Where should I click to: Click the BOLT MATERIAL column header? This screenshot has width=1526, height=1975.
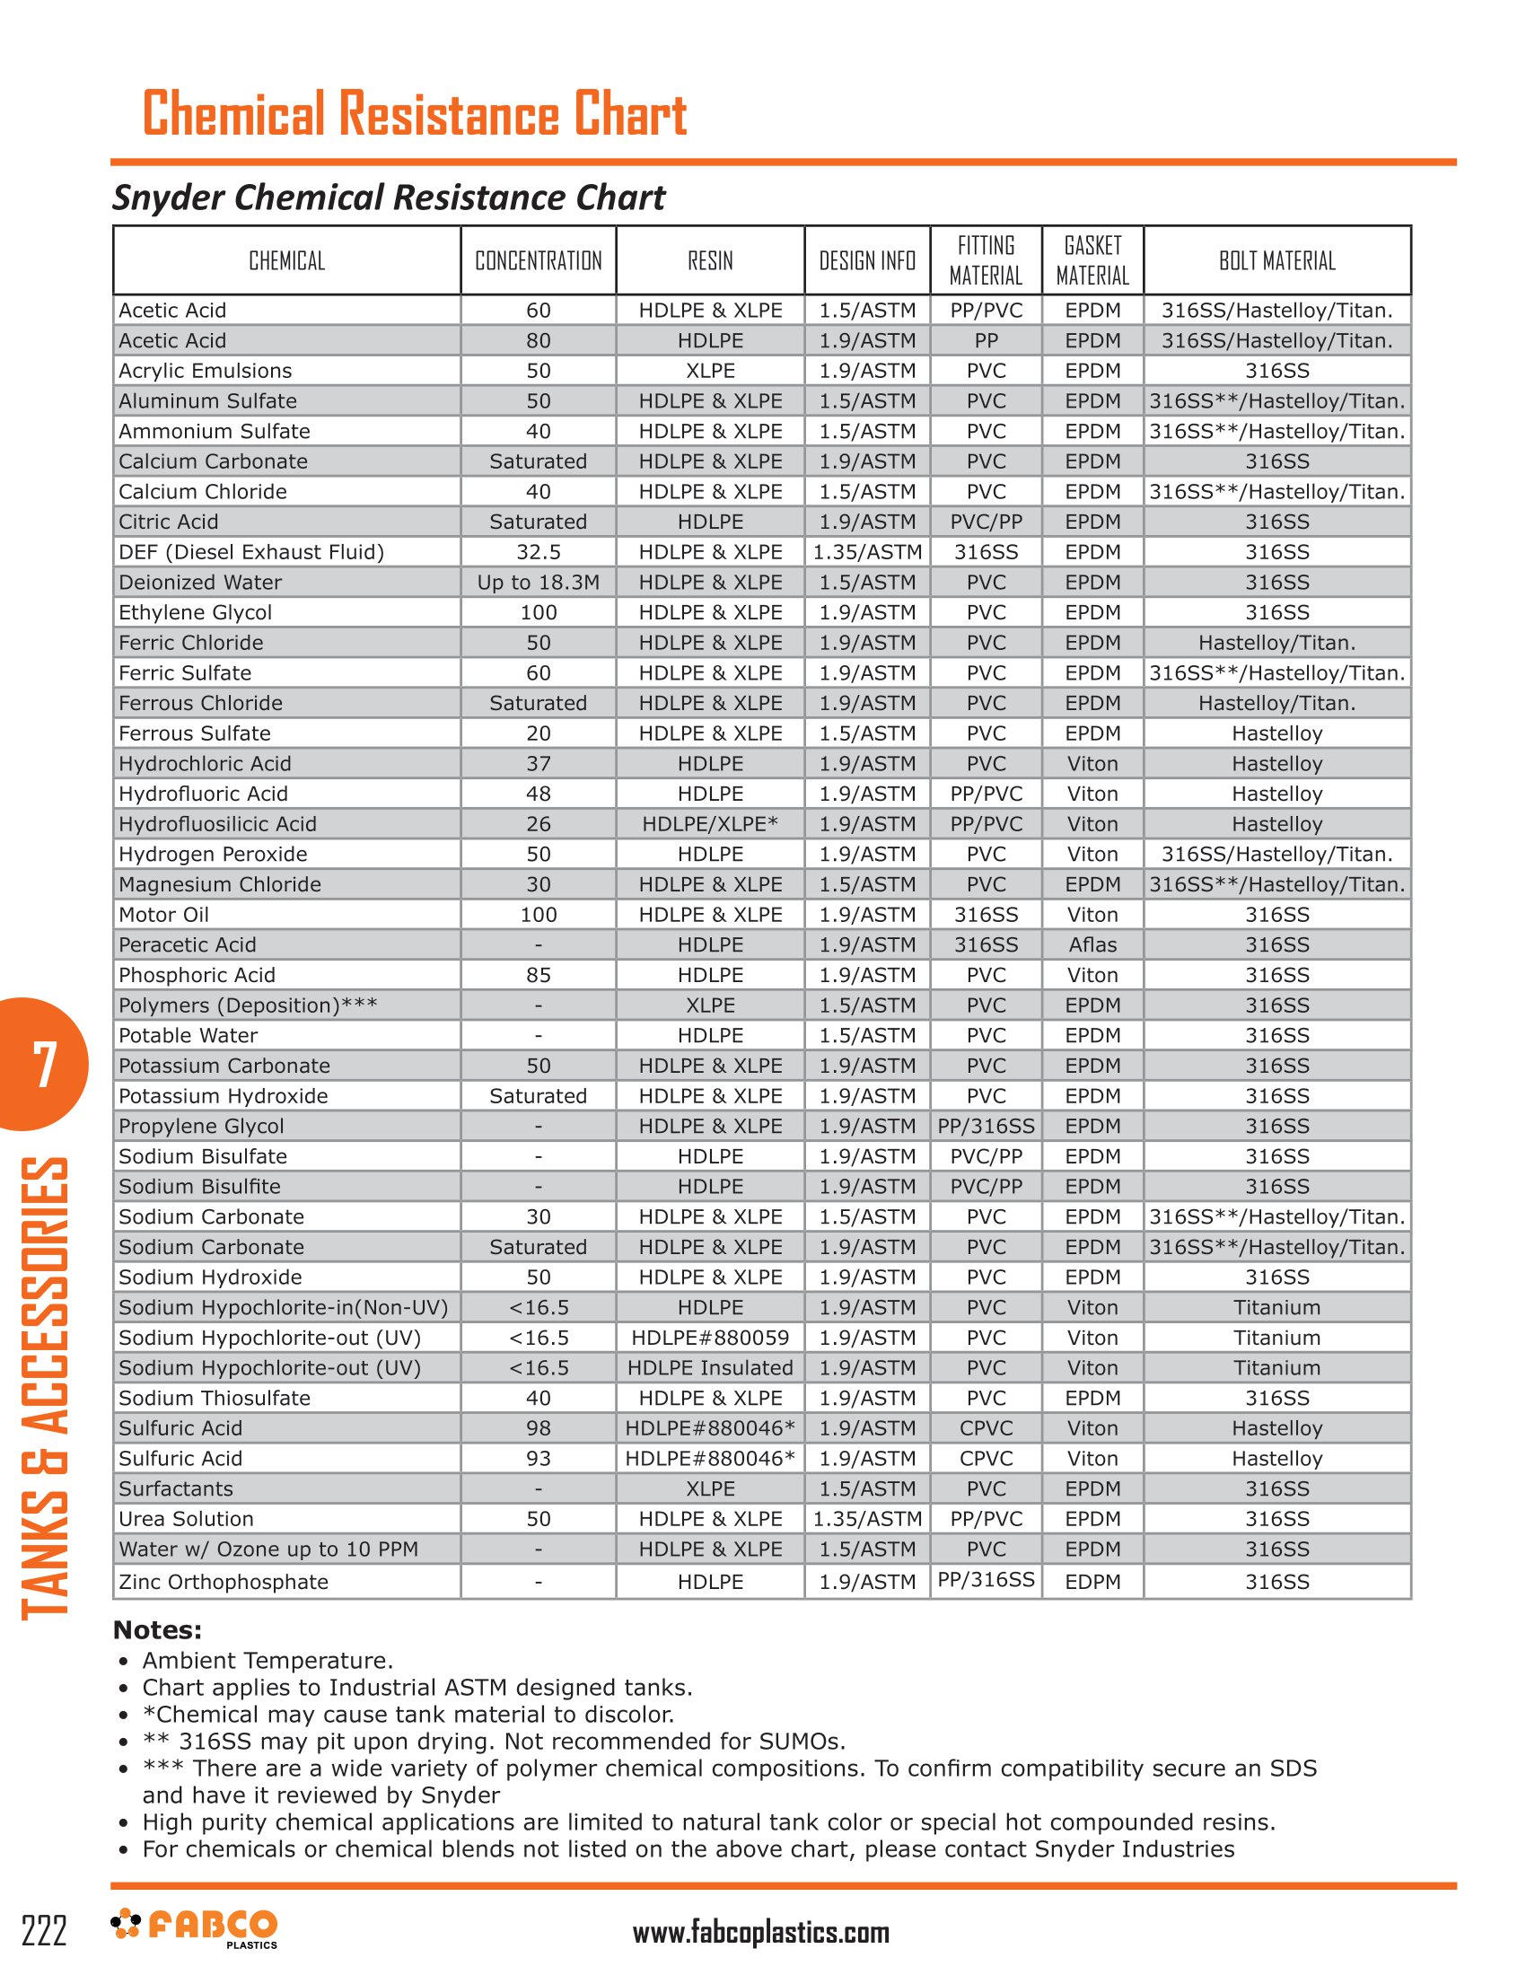pos(1276,261)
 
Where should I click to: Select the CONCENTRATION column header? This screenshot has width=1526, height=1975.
pos(538,261)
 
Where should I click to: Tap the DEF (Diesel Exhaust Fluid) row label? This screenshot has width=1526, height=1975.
pos(251,552)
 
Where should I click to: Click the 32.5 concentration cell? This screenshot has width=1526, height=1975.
pos(538,552)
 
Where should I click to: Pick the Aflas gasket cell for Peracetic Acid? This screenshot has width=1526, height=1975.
pos(1092,945)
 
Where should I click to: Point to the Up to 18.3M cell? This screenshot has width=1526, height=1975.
pos(538,583)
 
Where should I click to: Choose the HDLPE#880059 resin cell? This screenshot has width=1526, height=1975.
pos(710,1338)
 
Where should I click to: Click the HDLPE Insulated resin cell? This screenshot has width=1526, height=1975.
pos(710,1368)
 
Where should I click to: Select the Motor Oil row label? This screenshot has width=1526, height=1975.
pos(163,915)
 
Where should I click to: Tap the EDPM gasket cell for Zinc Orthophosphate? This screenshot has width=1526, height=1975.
pos(1092,1582)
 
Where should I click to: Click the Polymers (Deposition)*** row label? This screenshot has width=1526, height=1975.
pos(248,1005)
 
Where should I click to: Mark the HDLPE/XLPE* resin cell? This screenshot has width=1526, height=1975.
pos(710,824)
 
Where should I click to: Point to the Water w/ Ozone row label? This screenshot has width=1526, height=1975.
pos(268,1549)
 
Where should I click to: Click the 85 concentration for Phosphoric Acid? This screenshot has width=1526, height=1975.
pos(538,975)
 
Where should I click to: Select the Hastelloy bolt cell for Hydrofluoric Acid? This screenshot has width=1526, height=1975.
pos(1276,794)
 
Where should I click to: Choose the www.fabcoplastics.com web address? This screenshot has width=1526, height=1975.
pos(760,1933)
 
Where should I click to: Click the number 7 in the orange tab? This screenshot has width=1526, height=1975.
pos(44,1064)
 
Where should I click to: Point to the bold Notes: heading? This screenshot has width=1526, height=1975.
pos(157,1629)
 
